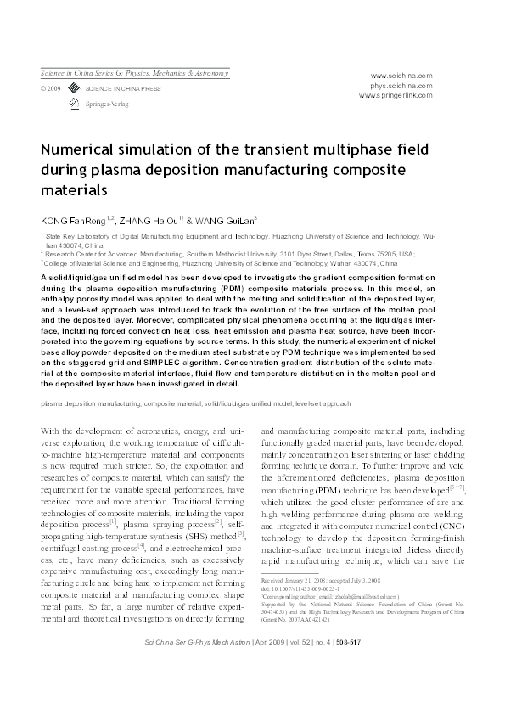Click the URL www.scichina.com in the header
401,75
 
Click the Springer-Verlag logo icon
74,102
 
